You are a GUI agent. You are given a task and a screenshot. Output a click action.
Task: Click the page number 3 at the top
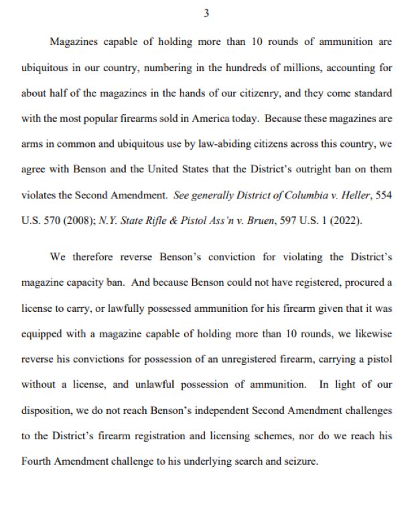point(207,13)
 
